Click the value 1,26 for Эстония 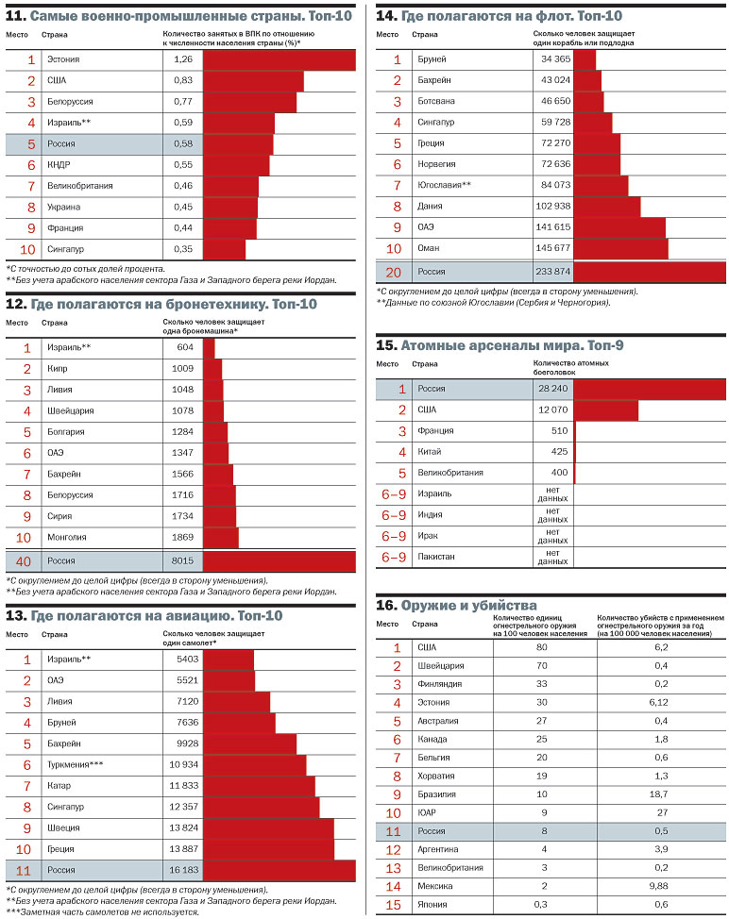click(183, 59)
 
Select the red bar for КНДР click(236, 165)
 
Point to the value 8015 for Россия click(183, 561)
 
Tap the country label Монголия click(67, 537)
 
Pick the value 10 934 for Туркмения click(183, 763)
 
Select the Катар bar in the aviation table click(259, 786)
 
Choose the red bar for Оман click(620, 248)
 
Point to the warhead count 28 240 click(553, 389)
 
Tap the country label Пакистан click(435, 557)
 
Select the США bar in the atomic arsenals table click(605, 410)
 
